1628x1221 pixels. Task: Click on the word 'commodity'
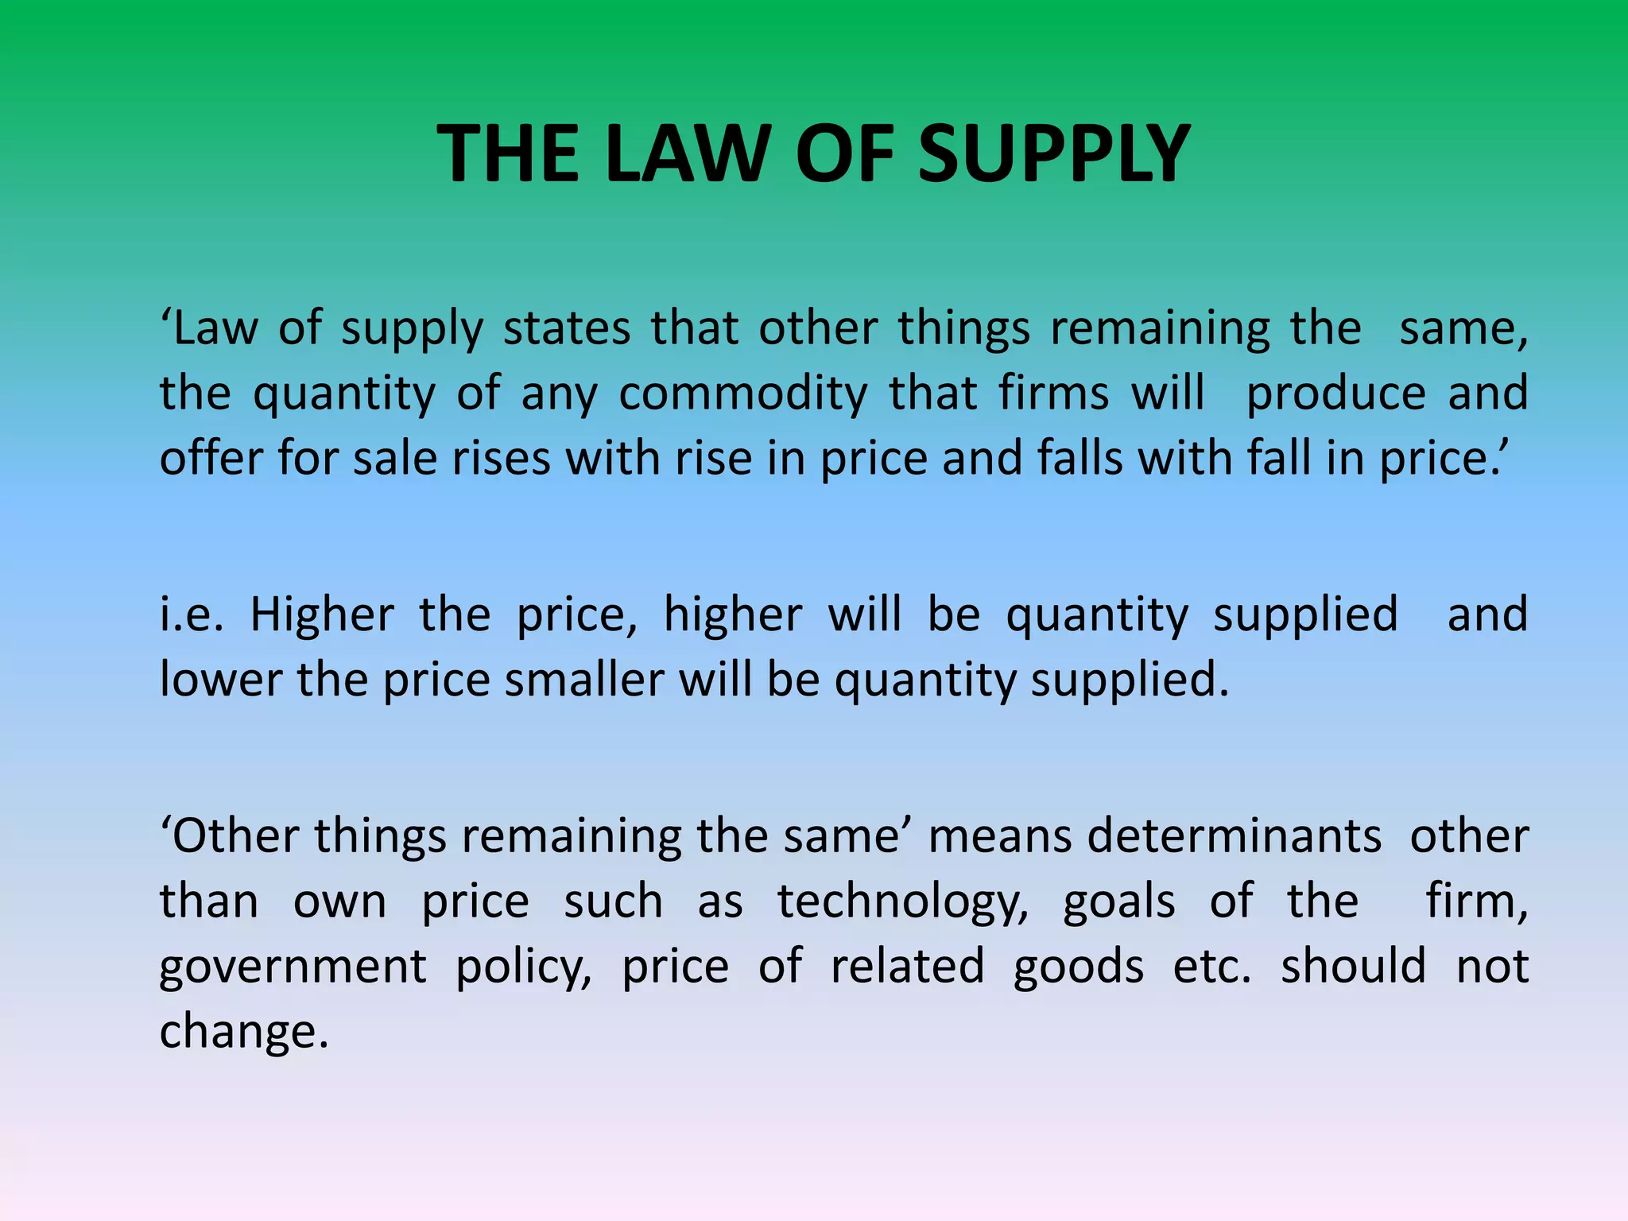pyautogui.click(x=743, y=393)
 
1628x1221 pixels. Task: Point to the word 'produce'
pyautogui.click(x=1335, y=393)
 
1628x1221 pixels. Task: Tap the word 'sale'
pyautogui.click(x=394, y=459)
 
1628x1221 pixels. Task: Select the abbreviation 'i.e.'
pyautogui.click(x=192, y=615)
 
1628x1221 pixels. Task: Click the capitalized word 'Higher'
pyautogui.click(x=322, y=615)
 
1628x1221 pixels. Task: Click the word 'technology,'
pyautogui.click(x=903, y=902)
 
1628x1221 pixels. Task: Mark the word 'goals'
pyautogui.click(x=1119, y=902)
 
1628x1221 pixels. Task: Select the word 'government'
pyautogui.click(x=293, y=967)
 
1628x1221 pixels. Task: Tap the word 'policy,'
pyautogui.click(x=524, y=967)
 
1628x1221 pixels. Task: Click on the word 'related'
pyautogui.click(x=908, y=967)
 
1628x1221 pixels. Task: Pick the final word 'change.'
pyautogui.click(x=243, y=1032)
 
